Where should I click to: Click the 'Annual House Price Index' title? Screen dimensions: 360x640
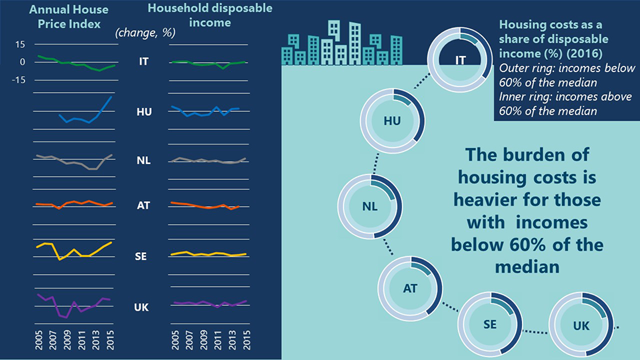click(x=59, y=17)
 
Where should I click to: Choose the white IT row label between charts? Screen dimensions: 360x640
click(x=143, y=61)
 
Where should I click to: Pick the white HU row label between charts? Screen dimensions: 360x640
click(x=143, y=112)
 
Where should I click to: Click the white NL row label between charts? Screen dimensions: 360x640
click(x=143, y=161)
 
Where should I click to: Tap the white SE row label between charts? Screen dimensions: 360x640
click(x=143, y=256)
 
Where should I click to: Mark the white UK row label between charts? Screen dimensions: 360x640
click(x=143, y=307)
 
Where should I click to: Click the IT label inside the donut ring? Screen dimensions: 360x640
click(x=460, y=61)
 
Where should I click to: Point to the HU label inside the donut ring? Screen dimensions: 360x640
click(x=393, y=121)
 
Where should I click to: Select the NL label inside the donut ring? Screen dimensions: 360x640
click(x=369, y=206)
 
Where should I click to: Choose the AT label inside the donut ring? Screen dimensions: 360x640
click(x=410, y=289)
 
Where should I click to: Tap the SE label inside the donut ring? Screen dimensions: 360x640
click(x=489, y=325)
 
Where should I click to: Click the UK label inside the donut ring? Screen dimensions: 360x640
click(x=581, y=326)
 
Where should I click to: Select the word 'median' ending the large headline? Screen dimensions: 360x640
click(x=527, y=267)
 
